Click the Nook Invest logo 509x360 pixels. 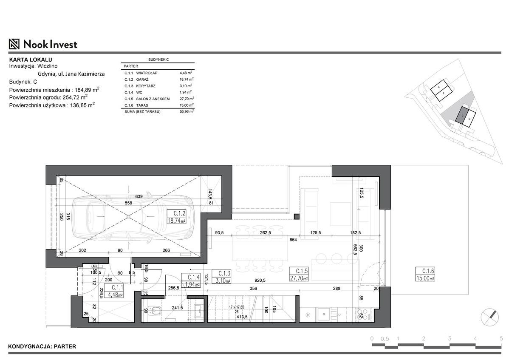(43, 44)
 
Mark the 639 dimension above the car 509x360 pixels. (139, 196)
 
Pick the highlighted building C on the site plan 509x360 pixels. (461, 116)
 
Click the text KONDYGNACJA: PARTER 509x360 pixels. (42, 346)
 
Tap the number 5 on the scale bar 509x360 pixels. (501, 338)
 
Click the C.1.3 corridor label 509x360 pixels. (224, 274)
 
